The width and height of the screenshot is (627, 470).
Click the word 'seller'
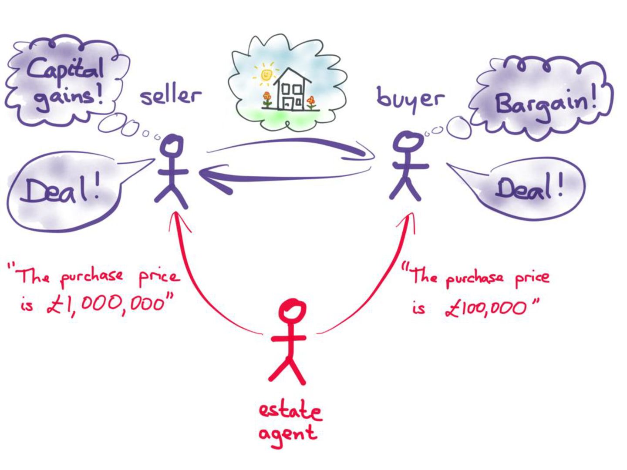[171, 96]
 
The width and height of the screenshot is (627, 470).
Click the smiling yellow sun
[266, 74]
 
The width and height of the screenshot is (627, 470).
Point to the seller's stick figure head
[172, 146]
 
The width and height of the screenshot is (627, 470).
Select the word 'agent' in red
[287, 434]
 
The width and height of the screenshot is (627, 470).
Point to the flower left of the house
[267, 98]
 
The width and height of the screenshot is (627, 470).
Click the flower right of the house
[311, 101]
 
